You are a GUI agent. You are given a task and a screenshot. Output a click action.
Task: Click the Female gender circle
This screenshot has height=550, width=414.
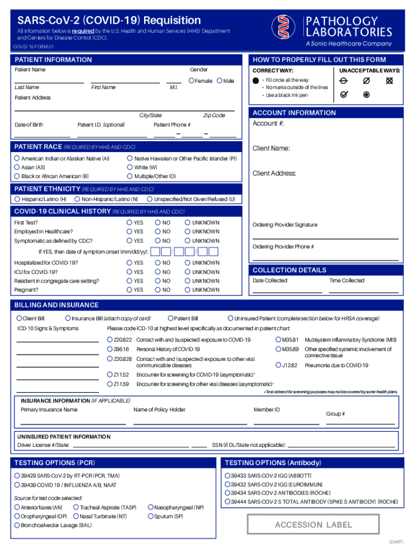[x=191, y=81]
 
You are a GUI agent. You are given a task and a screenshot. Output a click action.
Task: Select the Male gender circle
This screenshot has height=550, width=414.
[x=219, y=81]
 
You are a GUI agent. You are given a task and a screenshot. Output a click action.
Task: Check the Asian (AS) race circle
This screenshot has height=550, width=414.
[x=17, y=168]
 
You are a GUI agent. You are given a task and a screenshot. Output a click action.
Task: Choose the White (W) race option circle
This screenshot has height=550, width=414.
[x=130, y=168]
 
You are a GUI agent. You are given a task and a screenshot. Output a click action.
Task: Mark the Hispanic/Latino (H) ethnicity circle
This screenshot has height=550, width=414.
[x=17, y=199]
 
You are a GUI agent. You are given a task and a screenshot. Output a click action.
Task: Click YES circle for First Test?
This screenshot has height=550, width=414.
[x=130, y=222]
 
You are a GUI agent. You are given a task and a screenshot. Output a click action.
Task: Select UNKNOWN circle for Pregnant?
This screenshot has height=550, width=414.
[x=188, y=290]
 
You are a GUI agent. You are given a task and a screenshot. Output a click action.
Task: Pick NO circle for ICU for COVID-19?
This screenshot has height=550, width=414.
[x=158, y=272]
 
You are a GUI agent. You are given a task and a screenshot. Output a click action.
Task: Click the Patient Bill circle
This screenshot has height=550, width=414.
[x=170, y=319]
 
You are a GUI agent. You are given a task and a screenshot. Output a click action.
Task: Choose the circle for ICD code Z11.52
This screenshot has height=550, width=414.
[x=110, y=374]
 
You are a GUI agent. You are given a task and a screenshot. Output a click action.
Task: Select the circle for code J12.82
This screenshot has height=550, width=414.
[x=279, y=365]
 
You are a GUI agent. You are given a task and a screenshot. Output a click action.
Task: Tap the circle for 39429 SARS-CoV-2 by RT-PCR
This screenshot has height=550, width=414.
[x=17, y=476]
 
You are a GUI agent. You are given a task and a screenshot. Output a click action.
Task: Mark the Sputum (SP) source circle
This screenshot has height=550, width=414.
[x=151, y=516]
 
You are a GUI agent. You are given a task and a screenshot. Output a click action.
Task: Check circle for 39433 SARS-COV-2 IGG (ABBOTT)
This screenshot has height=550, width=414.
[x=227, y=476]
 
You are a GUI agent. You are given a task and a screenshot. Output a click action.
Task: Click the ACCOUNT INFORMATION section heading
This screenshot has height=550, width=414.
[x=294, y=113]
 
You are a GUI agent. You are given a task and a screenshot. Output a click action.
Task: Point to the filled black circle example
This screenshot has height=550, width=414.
[x=255, y=80]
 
